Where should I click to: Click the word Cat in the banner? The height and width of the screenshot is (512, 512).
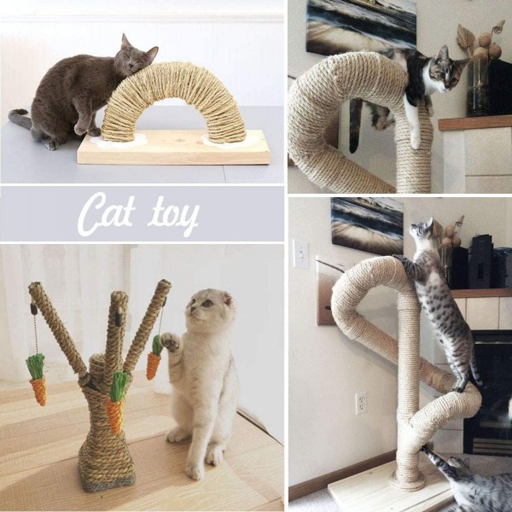[x=106, y=214]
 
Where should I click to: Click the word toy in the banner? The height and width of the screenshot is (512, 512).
[x=172, y=217]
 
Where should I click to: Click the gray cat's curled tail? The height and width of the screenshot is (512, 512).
[x=20, y=119]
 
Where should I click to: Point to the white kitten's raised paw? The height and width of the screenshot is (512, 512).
[x=170, y=341]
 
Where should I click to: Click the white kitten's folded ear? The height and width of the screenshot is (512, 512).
[x=227, y=299]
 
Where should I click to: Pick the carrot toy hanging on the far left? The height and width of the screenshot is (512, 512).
[x=37, y=379]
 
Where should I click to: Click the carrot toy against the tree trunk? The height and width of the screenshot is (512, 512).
[x=115, y=404]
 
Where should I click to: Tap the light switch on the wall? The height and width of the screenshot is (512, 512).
[x=301, y=253]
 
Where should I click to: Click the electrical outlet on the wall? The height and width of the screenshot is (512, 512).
[x=361, y=404]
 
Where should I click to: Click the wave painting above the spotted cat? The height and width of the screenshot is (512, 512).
[x=367, y=221]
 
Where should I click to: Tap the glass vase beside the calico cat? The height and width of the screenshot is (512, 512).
[x=478, y=87]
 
